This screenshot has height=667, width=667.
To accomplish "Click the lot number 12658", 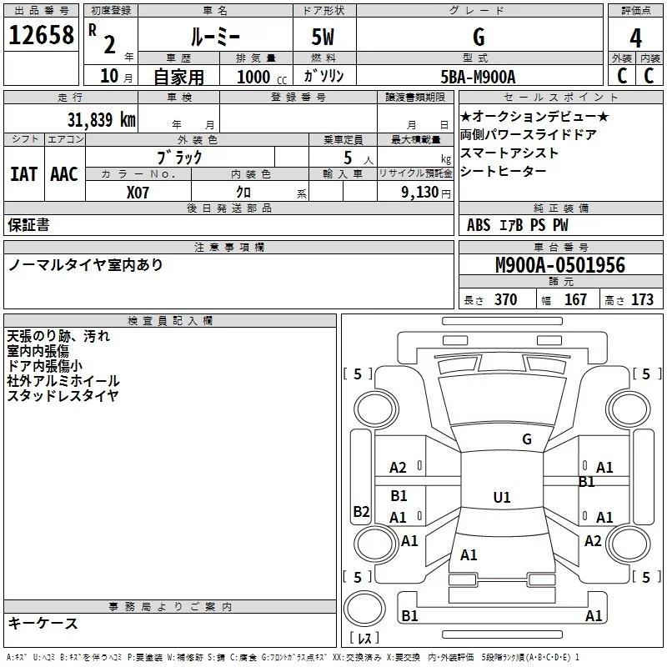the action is click(41, 35).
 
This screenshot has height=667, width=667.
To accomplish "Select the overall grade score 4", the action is click(635, 38).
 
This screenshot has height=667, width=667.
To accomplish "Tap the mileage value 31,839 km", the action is click(101, 119).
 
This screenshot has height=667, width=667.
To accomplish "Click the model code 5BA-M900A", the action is click(478, 77).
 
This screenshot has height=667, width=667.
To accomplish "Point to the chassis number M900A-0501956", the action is click(560, 265).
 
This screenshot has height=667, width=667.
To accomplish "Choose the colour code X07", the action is click(138, 193).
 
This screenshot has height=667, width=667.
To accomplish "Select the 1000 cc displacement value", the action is click(262, 77).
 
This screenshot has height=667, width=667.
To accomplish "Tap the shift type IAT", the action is click(23, 174).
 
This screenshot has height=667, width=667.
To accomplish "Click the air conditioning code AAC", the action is click(64, 174).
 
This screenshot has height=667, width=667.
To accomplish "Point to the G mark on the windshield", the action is click(527, 439).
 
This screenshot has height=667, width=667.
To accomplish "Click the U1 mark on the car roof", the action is click(502, 497).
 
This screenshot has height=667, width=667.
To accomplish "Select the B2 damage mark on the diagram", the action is click(361, 511).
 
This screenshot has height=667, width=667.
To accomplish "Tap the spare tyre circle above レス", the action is click(364, 609).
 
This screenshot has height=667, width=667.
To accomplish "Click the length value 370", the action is click(505, 299).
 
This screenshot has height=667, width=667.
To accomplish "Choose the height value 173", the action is click(642, 299).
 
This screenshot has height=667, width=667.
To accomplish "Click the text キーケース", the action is click(43, 623).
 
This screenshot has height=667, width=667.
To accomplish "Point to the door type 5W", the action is click(323, 37).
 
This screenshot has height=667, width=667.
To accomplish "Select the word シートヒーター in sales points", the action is click(504, 171).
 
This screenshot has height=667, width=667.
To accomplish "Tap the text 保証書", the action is click(28, 224).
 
